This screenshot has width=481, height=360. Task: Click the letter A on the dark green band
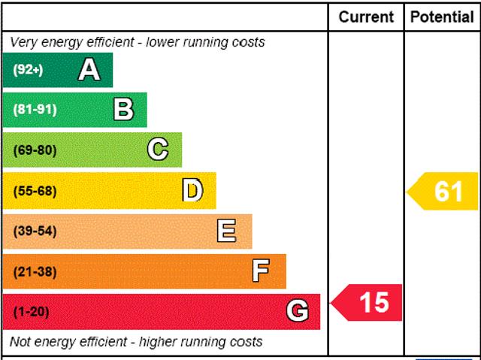tap(89, 70)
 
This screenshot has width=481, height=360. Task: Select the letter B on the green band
tap(123, 110)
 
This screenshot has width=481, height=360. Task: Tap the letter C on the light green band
tap(158, 150)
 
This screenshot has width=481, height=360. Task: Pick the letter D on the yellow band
tap(193, 191)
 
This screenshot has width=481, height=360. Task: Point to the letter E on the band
tap(226, 231)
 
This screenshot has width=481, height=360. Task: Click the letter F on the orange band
tap(261, 271)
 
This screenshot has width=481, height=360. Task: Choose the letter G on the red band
tap(298, 311)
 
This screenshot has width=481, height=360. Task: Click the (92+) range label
tap(28, 70)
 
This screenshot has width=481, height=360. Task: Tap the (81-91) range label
tap(35, 110)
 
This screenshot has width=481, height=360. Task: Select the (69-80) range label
tap(35, 150)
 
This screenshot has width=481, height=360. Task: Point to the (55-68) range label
tap(35, 191)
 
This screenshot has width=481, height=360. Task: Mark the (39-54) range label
tap(35, 231)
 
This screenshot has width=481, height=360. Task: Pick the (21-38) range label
tap(35, 271)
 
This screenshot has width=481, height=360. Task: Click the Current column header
tap(366, 17)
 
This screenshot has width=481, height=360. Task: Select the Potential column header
tap(442, 17)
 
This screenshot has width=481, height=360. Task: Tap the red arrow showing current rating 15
tap(368, 302)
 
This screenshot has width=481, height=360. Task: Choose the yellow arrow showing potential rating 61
tap(443, 192)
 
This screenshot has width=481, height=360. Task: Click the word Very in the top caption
tap(23, 42)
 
